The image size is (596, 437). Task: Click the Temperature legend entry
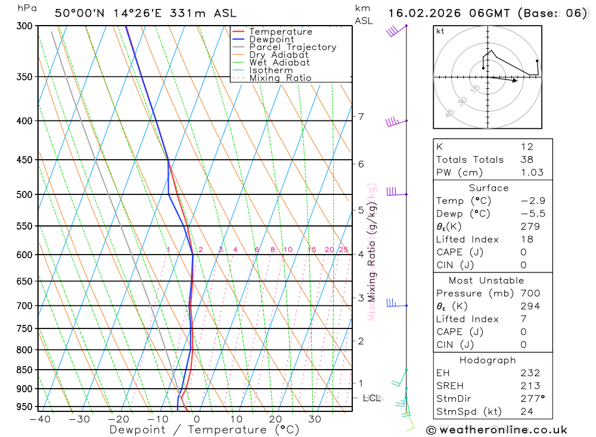[x=280, y=32]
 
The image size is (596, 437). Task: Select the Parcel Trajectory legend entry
[x=293, y=47]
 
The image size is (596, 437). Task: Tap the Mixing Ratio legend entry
[x=280, y=78]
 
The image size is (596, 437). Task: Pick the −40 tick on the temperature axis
[x=40, y=419]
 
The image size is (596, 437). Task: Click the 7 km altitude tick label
[x=361, y=117]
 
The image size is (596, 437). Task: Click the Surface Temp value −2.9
[x=533, y=201]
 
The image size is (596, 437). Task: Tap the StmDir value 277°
[x=532, y=399]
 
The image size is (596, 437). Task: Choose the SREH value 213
[x=530, y=386]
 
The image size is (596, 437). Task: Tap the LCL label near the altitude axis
[x=372, y=398]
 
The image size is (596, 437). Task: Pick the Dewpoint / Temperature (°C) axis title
[x=204, y=430]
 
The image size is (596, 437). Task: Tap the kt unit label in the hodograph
[x=440, y=31]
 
